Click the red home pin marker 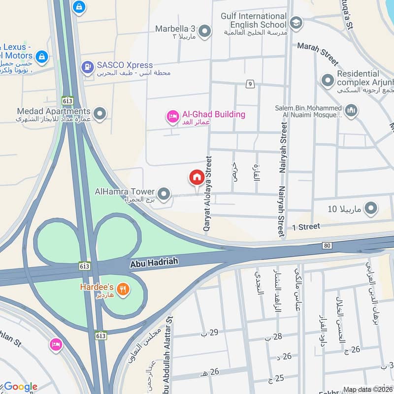pos(197,177)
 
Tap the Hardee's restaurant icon pos(123,290)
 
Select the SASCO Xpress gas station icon pos(88,66)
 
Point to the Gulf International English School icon pos(296,22)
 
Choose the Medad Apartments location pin pos(100,114)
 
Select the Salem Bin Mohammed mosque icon pos(351,110)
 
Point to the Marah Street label pos(318,54)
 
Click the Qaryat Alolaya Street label pos(208,195)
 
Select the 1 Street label pos(306,227)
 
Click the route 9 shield pos(251,84)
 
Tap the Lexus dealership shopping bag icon pos(42,57)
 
